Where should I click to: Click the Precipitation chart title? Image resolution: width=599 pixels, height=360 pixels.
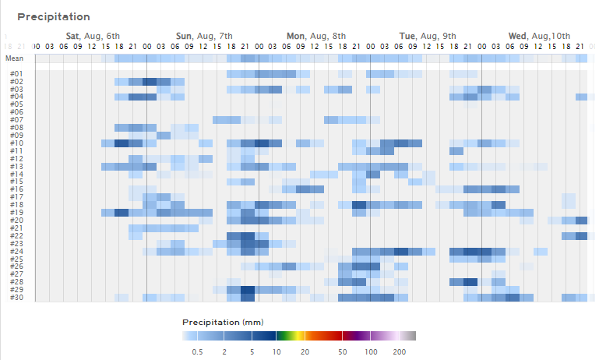coord(54,16)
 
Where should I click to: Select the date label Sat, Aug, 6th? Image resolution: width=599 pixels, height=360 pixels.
coord(93,36)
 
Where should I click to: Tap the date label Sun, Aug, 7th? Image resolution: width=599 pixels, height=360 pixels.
coord(204,36)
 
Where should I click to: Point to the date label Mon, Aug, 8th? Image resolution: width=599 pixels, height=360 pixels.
coord(316,36)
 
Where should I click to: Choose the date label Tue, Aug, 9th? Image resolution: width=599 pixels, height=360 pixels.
coord(428,36)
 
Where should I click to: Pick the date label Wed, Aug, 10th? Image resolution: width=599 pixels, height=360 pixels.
coord(539,36)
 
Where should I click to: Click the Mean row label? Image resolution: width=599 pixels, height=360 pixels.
coord(15,58)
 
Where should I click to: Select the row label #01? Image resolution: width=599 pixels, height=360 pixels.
coord(16,74)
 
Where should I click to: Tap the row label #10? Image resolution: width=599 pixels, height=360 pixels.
coord(16,143)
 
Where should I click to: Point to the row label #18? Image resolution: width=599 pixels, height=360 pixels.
coord(16,205)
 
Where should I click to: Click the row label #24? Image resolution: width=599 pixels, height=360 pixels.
coord(16,251)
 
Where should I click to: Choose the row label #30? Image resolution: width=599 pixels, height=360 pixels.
coord(16,297)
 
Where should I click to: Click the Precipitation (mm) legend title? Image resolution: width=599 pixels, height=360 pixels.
coord(222,322)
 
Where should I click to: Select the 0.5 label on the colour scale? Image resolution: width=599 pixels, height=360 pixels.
coord(198,352)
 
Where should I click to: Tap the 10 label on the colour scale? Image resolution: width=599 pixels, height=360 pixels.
coord(277,352)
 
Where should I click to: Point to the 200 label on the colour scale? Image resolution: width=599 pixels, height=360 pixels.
coord(400,352)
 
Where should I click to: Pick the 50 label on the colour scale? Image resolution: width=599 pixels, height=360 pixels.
coord(343,352)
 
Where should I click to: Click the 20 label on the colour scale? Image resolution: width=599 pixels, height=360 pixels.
coord(305,352)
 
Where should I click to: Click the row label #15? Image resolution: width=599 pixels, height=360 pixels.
coord(16,182)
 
